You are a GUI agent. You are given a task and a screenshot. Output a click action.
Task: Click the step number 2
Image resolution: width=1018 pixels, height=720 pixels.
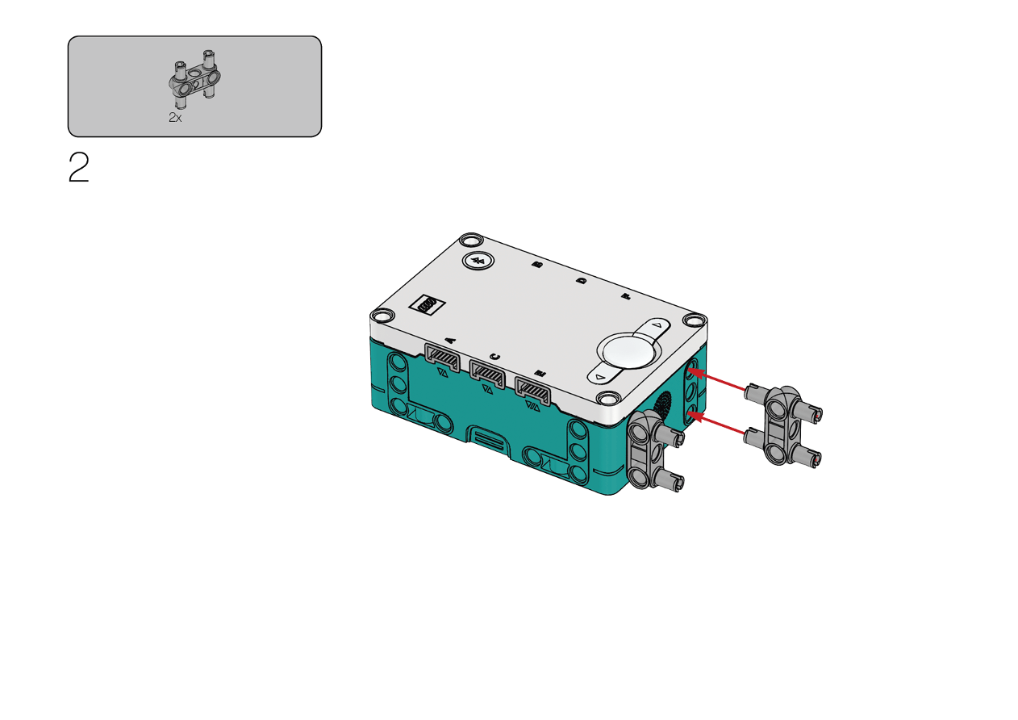pyautogui.click(x=78, y=167)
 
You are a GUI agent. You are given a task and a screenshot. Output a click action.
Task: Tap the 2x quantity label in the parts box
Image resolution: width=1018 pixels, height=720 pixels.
pyautogui.click(x=175, y=117)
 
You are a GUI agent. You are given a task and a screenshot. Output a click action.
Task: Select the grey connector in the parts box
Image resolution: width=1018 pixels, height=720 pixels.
pyautogui.click(x=194, y=79)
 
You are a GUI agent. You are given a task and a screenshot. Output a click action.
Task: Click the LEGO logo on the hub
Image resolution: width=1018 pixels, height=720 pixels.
pyautogui.click(x=428, y=304)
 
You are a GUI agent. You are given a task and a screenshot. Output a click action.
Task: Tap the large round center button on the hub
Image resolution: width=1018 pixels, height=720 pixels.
pyautogui.click(x=629, y=352)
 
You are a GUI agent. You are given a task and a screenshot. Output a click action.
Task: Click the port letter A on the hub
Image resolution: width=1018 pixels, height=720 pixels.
pyautogui.click(x=450, y=339)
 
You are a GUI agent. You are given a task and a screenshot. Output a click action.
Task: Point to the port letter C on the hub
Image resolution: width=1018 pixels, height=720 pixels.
pyautogui.click(x=495, y=357)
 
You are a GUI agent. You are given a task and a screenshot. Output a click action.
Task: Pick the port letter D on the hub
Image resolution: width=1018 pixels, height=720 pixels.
pyautogui.click(x=582, y=281)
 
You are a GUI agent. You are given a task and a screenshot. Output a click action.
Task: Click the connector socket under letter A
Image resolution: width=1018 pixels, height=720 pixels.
pyautogui.click(x=442, y=358)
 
